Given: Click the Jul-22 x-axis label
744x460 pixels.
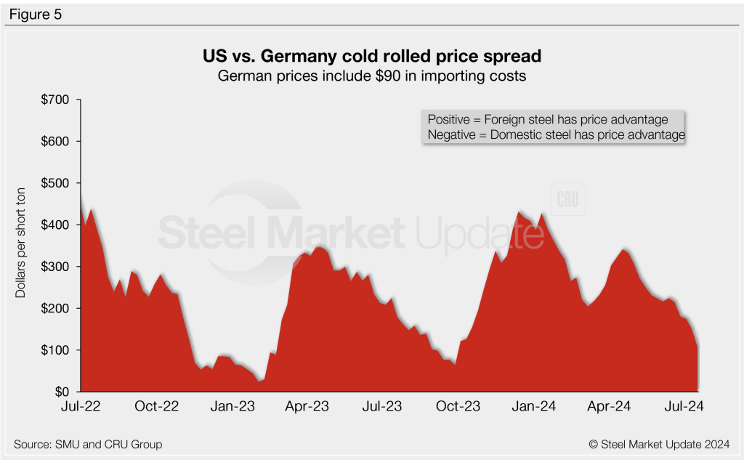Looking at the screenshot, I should click(81, 407).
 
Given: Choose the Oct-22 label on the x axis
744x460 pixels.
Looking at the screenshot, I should click(157, 407).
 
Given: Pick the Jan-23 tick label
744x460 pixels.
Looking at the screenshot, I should click(233, 407).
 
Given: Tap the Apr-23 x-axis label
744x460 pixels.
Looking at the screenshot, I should click(308, 407).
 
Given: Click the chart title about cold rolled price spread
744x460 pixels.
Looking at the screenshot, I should click(371, 56).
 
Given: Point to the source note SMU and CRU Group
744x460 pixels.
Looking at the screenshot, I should click(87, 444).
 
